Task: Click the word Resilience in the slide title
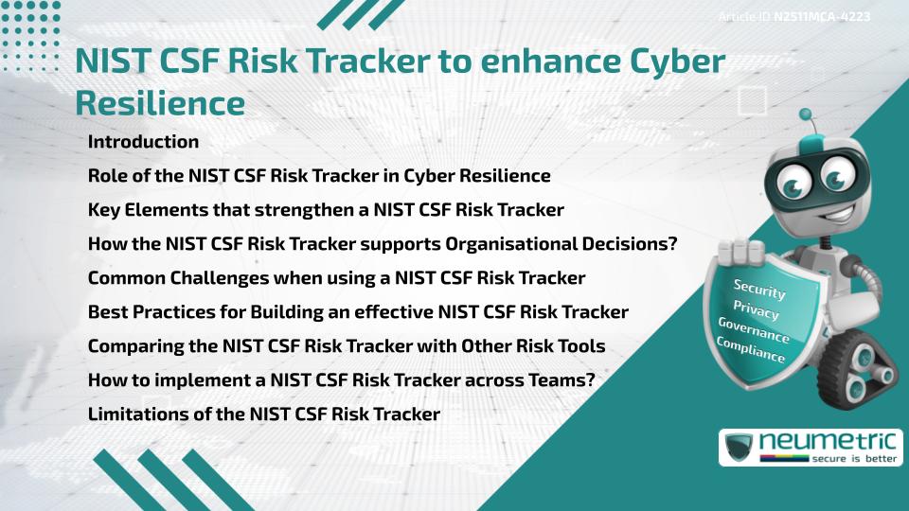pos(159,102)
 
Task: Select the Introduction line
pos(143,142)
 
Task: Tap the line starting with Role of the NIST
pos(319,176)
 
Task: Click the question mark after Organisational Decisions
pos(672,244)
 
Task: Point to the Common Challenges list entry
pos(336,278)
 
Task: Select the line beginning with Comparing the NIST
pos(347,346)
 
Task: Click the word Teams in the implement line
pos(573,380)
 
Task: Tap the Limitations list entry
pos(264,414)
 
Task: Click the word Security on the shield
pos(759,289)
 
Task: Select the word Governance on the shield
pos(754,330)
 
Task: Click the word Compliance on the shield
pos(751,350)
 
